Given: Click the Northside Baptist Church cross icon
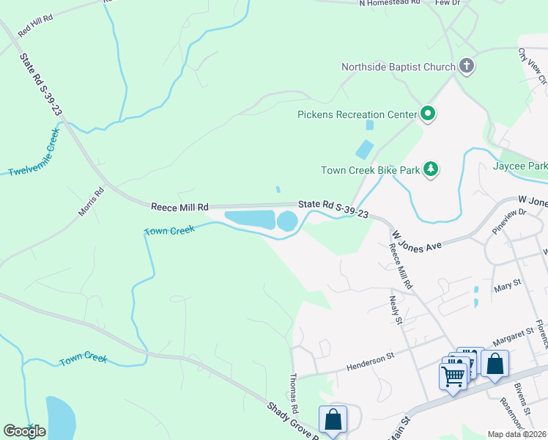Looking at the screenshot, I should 467,67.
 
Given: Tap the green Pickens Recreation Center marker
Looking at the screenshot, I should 427,114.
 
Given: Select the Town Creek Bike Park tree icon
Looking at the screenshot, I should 432,170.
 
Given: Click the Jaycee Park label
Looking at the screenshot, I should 521,166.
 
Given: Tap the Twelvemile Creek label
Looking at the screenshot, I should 33,153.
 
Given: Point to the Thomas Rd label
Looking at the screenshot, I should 294,392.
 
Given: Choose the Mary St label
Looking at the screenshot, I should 507,282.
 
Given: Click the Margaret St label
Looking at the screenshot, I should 505,337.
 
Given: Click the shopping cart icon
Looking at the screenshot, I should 453,375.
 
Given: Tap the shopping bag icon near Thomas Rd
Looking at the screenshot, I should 333,419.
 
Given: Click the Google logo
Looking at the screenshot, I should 24,431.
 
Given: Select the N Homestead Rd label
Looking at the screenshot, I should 389,3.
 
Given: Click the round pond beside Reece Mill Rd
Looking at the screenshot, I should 287,220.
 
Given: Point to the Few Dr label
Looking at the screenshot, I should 447,3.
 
